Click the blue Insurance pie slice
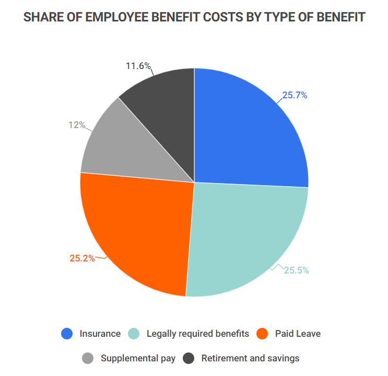coord(245,131)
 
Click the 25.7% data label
coord(295,96)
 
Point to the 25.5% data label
coord(297,270)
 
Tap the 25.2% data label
coord(82,258)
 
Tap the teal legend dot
coord(133,334)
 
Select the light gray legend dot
coord(88,358)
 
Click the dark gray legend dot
coord(188,358)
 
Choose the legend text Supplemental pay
coord(138,358)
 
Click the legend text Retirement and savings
coord(250,358)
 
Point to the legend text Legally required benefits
coord(198,334)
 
